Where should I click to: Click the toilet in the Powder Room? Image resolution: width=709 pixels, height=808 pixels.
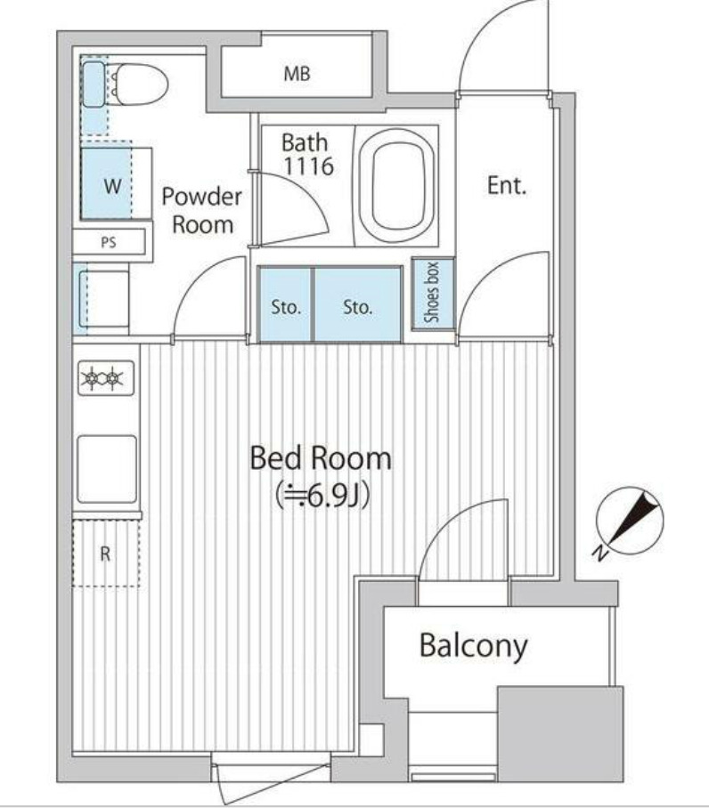point(139,84)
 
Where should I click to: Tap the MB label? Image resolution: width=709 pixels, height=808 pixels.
point(297,74)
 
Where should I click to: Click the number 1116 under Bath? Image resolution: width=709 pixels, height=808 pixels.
point(309,166)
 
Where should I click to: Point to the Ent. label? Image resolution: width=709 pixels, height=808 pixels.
point(507,185)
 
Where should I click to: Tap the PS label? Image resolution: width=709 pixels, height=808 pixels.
point(109,242)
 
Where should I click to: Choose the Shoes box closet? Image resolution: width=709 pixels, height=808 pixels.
point(433,293)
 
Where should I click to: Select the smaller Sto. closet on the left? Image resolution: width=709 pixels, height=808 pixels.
point(286,304)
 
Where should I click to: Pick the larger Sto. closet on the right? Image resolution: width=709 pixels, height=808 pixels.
point(358,304)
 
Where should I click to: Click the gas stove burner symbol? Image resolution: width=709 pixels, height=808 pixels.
point(106,378)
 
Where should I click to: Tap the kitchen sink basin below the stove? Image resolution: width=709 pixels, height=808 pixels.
point(107,469)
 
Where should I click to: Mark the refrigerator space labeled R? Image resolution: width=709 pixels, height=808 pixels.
point(106,553)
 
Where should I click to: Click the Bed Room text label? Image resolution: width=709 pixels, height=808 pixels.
point(321,458)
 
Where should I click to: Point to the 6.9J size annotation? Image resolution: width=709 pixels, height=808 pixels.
point(322,496)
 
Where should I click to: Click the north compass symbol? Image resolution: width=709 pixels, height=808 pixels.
point(630,521)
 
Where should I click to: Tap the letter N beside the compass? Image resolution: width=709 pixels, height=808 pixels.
point(599,554)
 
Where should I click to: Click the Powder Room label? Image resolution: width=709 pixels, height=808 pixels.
point(201,210)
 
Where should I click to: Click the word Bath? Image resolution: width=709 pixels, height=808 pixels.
point(305,142)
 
